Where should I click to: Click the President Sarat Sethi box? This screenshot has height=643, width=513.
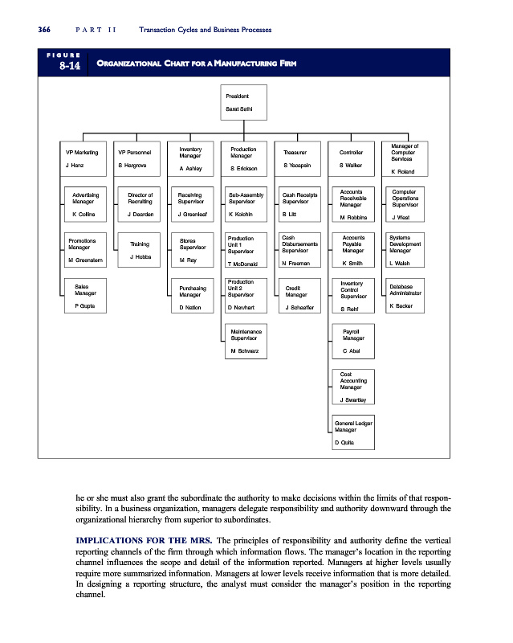[x=245, y=102]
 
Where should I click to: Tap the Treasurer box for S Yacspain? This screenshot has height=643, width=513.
[x=297, y=158]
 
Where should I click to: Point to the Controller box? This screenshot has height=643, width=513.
[x=352, y=158]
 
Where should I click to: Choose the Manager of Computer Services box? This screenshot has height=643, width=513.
[x=405, y=158]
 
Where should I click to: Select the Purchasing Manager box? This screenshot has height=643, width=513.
[x=192, y=295]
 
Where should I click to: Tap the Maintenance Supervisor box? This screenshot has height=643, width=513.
[x=245, y=340]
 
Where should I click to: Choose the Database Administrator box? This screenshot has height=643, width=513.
[x=405, y=295]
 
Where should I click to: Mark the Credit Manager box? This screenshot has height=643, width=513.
[x=299, y=295]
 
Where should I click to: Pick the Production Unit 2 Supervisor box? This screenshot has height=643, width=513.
[x=245, y=295]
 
